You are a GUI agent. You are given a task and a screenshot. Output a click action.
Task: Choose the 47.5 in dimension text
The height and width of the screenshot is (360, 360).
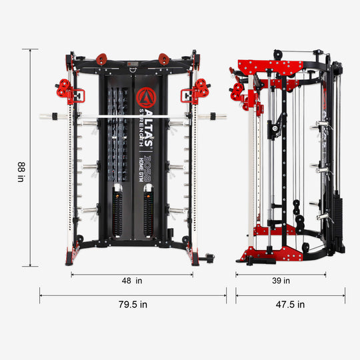point(290,305)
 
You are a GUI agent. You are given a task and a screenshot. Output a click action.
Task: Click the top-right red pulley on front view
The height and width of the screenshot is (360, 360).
point(162,59)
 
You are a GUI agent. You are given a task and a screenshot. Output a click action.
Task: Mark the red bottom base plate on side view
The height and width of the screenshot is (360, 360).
point(267,252)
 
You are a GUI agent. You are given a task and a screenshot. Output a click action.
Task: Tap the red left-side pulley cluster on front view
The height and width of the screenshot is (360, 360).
point(65,89)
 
